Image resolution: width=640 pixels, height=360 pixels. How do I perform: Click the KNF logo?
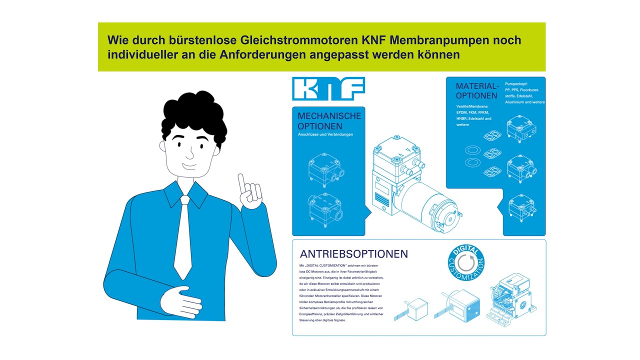tap(328, 88)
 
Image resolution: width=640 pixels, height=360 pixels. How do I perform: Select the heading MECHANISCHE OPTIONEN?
tap(329, 120)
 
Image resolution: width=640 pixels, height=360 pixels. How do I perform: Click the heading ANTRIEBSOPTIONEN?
tap(354, 254)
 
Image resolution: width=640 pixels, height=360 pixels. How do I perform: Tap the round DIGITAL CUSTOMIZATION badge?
tap(466, 263)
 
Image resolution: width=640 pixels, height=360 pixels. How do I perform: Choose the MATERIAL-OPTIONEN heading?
tap(477, 91)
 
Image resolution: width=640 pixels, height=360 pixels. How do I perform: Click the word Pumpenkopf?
tap(516, 83)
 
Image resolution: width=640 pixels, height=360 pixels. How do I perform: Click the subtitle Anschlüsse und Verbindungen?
tap(325, 134)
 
